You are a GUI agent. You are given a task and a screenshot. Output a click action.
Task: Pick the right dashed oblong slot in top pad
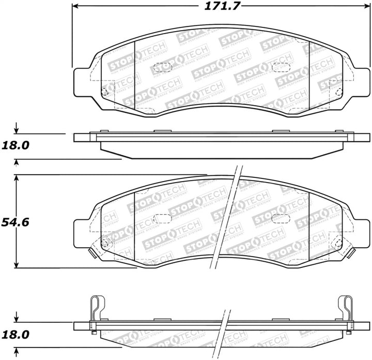click(x=281, y=67)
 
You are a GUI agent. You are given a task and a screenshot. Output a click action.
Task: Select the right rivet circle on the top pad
click(x=338, y=92)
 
